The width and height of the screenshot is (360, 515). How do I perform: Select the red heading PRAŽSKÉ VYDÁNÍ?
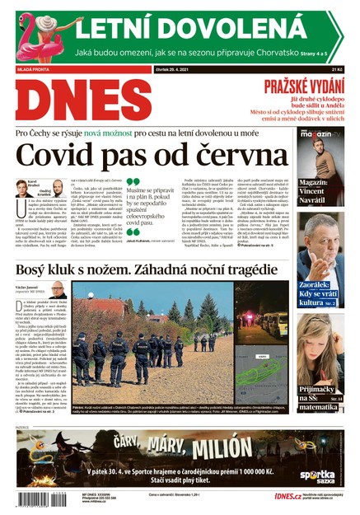[302, 87]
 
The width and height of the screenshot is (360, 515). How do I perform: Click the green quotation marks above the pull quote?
[133, 184]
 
